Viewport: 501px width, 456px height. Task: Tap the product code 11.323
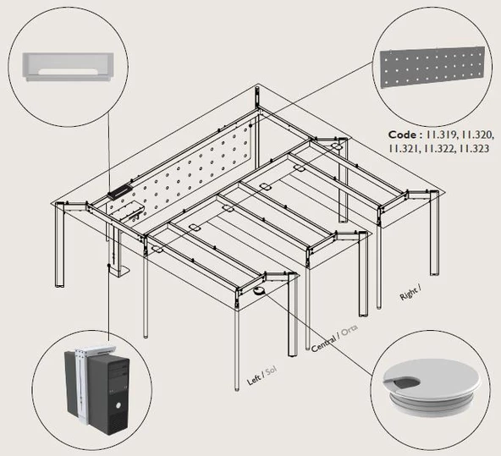[474, 149]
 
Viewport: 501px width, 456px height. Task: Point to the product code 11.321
[405, 149]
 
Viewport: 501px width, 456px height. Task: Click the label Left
[254, 380]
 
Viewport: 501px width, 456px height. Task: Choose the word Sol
[271, 371]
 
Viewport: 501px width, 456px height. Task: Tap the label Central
[323, 343]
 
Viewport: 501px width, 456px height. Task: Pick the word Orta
[350, 331]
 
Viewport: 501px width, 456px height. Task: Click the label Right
[409, 294]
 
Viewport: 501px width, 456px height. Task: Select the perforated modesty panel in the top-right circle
[432, 68]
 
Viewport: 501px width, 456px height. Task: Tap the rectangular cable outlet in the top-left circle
[68, 67]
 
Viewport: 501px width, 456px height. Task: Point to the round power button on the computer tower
[118, 406]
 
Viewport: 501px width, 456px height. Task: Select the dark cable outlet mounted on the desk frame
[119, 191]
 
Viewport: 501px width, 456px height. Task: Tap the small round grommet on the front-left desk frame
[259, 290]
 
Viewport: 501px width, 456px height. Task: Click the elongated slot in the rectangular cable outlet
[68, 72]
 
